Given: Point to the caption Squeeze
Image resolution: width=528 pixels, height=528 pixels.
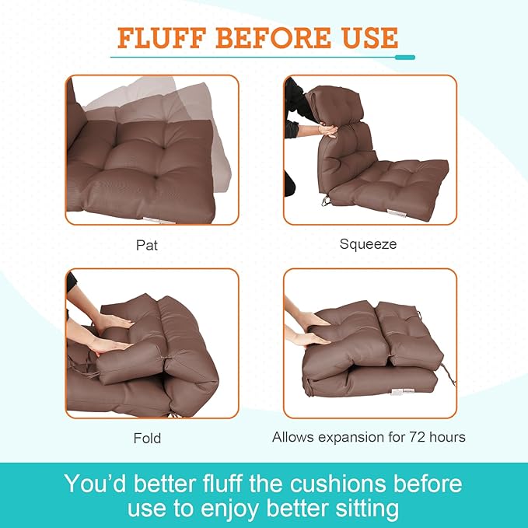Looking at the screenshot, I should point(368,244).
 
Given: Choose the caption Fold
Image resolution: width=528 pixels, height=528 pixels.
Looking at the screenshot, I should point(147,438).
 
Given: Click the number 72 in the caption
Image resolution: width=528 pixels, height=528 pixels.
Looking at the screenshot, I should point(412,437).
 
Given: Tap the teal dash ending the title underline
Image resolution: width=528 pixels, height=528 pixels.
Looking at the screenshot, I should point(404,57).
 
